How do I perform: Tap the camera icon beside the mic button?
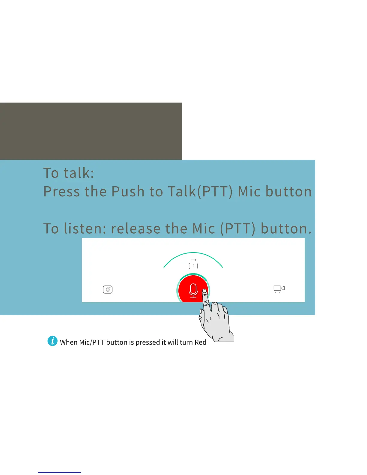(x=108, y=289)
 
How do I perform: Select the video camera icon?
(x=279, y=289)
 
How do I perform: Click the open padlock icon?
(x=193, y=264)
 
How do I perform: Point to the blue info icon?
(x=52, y=341)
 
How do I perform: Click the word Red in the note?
(x=200, y=342)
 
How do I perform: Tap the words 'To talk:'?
(x=69, y=173)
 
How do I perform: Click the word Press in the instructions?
(x=61, y=192)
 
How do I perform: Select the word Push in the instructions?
(x=128, y=192)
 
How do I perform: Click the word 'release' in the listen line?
(x=136, y=229)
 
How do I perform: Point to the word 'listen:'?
(x=85, y=229)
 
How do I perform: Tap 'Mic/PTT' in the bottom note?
(x=91, y=342)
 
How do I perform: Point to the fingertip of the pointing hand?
(x=204, y=291)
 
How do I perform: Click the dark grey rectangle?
(x=91, y=131)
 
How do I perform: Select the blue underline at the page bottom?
(x=59, y=472)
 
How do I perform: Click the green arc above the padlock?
(x=193, y=253)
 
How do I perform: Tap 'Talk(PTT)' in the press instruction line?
(x=200, y=192)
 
